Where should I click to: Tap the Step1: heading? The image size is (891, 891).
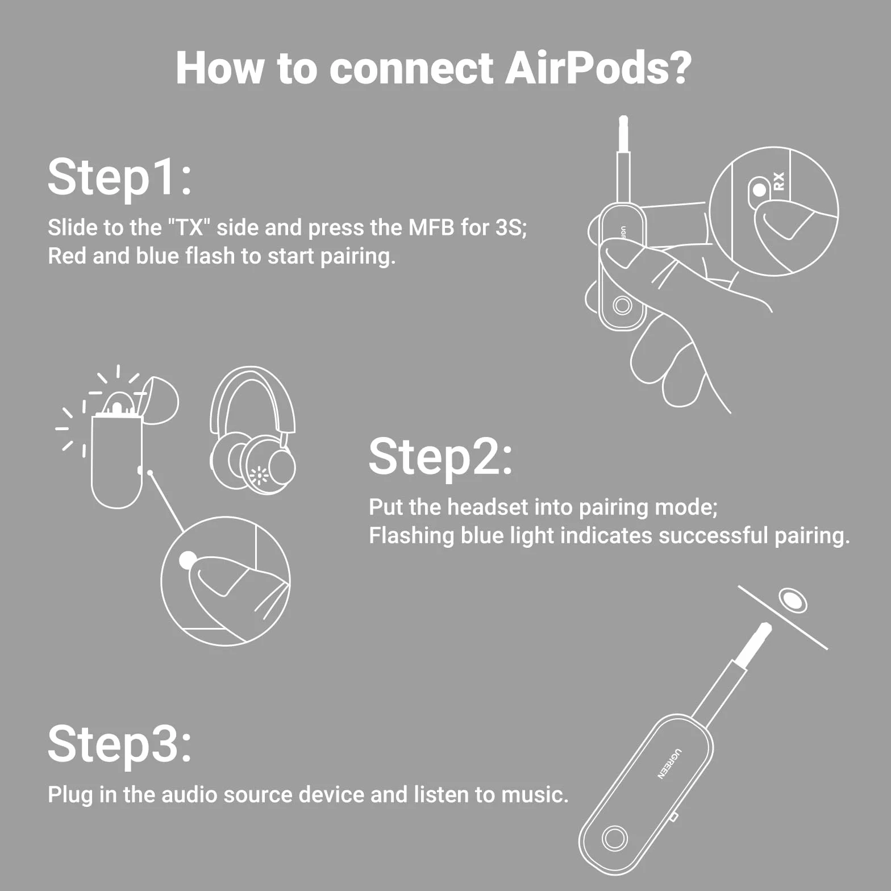pos(120,177)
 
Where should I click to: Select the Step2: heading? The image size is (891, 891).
pos(441,457)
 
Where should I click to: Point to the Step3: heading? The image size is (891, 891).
pos(120,743)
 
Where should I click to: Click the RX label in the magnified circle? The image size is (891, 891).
pos(778,181)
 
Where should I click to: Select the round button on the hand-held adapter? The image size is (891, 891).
pos(622,306)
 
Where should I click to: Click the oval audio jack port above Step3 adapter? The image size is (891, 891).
pos(793,599)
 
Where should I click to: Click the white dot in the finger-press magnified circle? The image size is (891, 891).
pos(188,560)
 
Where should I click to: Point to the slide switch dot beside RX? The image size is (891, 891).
pos(759,190)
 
